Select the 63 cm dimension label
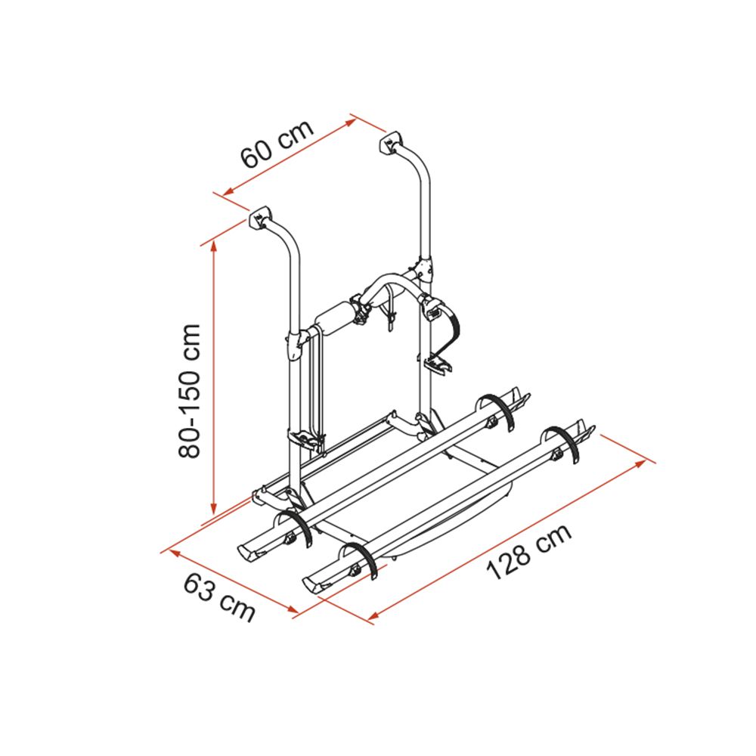(219, 598)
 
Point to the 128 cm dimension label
(529, 552)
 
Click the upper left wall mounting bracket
(259, 217)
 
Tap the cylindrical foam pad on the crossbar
(335, 318)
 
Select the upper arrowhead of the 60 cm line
(351, 122)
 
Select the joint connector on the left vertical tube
(293, 344)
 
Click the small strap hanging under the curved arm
(389, 308)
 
